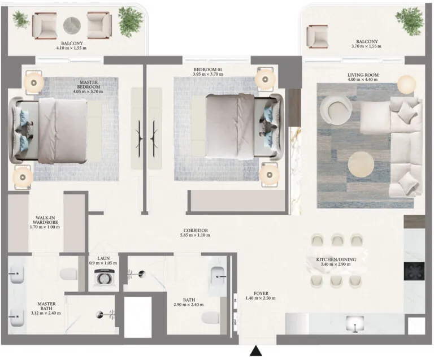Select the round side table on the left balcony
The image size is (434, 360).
click(x=72, y=25)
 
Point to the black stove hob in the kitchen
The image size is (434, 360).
click(x=414, y=271)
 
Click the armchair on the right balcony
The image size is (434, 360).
click(x=318, y=36)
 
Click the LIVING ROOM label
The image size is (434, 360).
click(x=363, y=75)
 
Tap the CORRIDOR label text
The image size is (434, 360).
click(x=196, y=231)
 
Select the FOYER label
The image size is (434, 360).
click(x=261, y=293)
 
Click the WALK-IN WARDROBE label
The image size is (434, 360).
click(x=45, y=220)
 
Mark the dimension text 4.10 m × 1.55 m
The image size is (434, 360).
click(x=71, y=48)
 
